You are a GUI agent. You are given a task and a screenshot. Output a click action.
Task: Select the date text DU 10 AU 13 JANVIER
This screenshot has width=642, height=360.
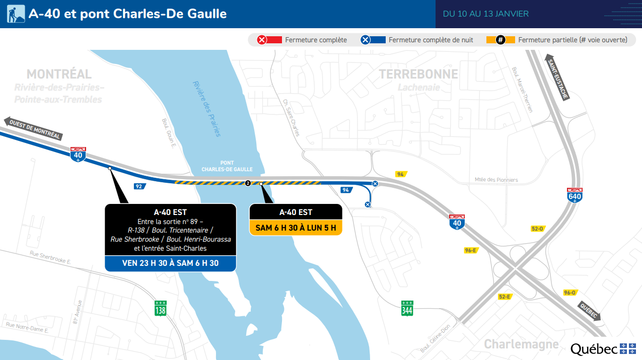[485, 14]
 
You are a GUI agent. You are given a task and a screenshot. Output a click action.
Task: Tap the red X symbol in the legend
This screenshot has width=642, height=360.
[262, 40]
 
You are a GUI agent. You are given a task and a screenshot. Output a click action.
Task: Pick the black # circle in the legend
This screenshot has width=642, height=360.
[501, 40]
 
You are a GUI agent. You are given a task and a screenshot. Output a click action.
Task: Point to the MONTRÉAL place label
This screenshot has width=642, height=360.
[59, 75]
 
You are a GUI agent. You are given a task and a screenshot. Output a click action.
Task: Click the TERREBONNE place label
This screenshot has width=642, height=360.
[418, 75]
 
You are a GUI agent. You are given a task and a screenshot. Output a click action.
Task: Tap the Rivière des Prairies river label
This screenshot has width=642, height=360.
[206, 108]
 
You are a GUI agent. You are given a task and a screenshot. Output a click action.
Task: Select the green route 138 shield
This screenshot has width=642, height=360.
[160, 308]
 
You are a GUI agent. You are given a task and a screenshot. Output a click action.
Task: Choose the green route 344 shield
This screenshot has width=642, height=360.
[407, 308]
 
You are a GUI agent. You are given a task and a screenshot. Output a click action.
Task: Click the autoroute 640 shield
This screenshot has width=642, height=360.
[575, 194]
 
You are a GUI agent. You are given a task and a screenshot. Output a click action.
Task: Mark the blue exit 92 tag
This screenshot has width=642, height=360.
[138, 186]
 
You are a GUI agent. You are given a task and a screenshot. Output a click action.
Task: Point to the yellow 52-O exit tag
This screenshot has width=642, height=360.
[537, 229]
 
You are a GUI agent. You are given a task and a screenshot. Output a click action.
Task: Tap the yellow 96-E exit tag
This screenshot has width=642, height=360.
[471, 250]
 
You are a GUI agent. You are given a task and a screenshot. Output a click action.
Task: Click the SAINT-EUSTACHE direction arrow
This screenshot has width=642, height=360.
[557, 78]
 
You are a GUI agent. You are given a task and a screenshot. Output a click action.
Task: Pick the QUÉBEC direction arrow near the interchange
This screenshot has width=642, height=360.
[589, 311]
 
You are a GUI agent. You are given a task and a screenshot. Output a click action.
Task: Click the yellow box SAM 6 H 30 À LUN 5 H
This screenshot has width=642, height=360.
[296, 228]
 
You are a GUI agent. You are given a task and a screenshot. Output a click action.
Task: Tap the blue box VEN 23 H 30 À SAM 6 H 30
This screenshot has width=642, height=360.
[170, 263]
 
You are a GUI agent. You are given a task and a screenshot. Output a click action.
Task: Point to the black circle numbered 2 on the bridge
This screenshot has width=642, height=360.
[247, 183]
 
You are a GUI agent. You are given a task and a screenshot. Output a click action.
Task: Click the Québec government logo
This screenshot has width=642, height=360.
[603, 349]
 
